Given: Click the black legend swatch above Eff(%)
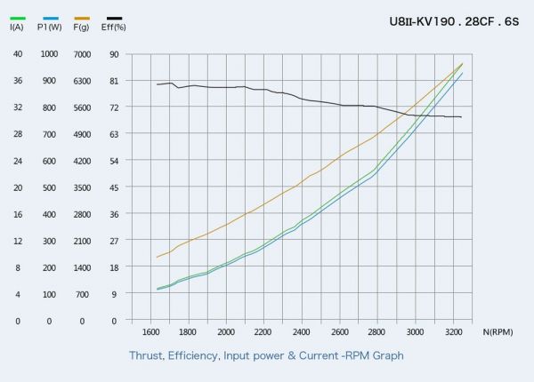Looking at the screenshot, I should [x=114, y=18].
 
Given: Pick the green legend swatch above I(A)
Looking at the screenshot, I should [x=18, y=18].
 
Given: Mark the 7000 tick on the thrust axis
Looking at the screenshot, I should [x=82, y=54].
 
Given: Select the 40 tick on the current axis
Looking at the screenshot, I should [x=18, y=54].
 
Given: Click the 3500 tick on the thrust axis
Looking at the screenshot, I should [x=82, y=187].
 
